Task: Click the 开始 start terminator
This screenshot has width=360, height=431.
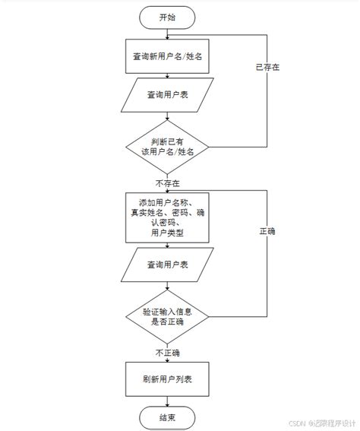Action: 167,17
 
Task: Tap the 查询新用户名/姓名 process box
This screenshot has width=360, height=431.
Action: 167,56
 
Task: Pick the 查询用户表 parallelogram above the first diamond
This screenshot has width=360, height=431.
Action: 167,96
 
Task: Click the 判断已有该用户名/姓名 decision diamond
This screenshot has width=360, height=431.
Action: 167,146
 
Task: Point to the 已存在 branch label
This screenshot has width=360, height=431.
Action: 267,68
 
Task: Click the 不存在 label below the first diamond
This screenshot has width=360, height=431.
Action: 167,183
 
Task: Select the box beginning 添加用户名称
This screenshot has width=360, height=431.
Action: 167,217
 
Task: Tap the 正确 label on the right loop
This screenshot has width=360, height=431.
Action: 267,230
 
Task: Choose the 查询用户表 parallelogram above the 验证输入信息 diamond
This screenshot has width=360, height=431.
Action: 167,265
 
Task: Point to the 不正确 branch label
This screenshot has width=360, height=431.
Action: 167,353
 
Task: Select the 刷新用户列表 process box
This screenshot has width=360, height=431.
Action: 167,378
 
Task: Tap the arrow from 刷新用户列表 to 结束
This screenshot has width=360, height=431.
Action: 167,399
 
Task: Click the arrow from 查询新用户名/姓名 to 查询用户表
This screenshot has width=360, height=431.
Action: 167,76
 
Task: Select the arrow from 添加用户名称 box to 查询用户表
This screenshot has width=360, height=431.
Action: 167,247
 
